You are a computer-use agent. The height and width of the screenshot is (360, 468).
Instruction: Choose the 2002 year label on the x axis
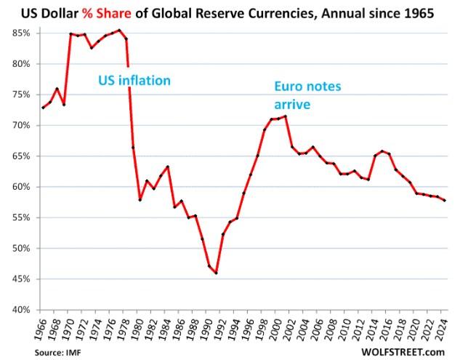pyautogui.click(x=292, y=327)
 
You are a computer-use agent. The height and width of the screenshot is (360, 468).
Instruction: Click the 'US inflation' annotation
pyautogui.click(x=134, y=80)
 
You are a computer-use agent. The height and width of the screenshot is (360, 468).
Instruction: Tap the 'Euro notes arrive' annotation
pyautogui.click(x=307, y=95)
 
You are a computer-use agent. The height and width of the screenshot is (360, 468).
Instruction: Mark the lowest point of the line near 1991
pyautogui.click(x=217, y=273)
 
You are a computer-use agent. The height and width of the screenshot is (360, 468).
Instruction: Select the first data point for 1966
pyautogui.click(x=44, y=108)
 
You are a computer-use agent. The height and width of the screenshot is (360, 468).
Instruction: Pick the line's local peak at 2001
pyautogui.click(x=286, y=116)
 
